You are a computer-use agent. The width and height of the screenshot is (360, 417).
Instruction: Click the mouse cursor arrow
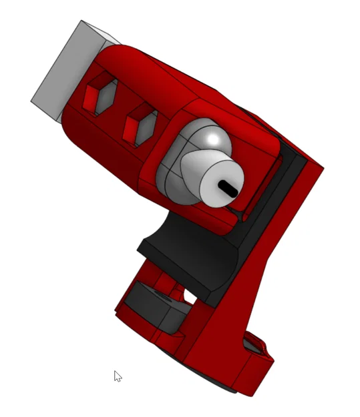(117, 376)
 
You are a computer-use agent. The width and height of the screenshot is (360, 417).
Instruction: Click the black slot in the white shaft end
(228, 187)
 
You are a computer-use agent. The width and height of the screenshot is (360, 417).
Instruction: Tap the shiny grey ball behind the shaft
(214, 141)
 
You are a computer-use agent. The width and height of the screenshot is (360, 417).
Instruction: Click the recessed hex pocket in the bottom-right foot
(252, 345)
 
